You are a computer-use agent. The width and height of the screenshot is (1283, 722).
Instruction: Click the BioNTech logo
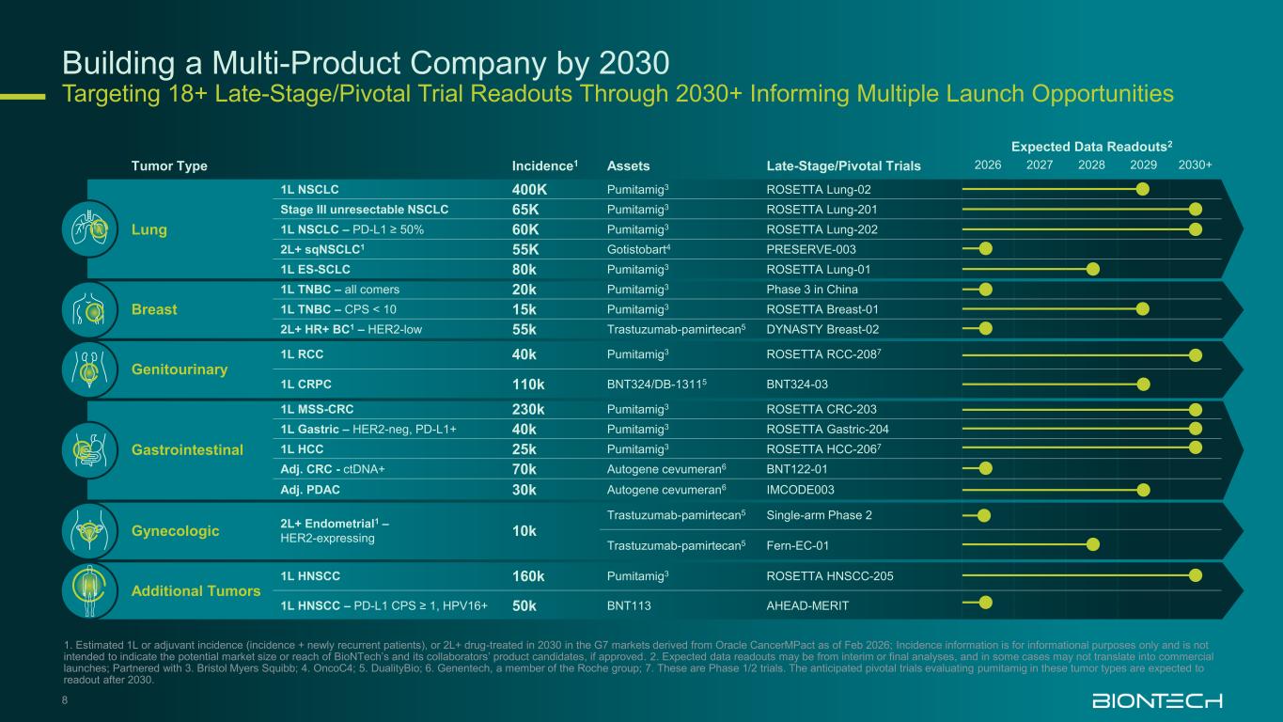pyautogui.click(x=1156, y=701)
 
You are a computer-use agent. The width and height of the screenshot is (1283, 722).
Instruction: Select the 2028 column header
pyautogui.click(x=1091, y=165)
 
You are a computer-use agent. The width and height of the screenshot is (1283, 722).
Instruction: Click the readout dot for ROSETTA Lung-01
pyautogui.click(x=1092, y=269)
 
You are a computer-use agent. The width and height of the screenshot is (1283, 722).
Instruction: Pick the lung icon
pyautogui.click(x=90, y=229)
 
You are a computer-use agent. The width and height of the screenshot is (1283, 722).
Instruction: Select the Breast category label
pyautogui.click(x=154, y=309)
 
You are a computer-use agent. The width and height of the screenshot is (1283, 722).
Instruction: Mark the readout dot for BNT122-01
pyautogui.click(x=985, y=468)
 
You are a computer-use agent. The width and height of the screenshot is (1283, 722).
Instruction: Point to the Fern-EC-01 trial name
pyautogui.click(x=798, y=545)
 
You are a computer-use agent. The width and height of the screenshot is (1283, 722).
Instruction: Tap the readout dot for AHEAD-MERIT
pyautogui.click(x=985, y=604)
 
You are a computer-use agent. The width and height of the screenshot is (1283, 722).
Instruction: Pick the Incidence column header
pyautogui.click(x=543, y=165)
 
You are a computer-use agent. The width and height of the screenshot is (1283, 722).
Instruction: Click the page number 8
pyautogui.click(x=65, y=698)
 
